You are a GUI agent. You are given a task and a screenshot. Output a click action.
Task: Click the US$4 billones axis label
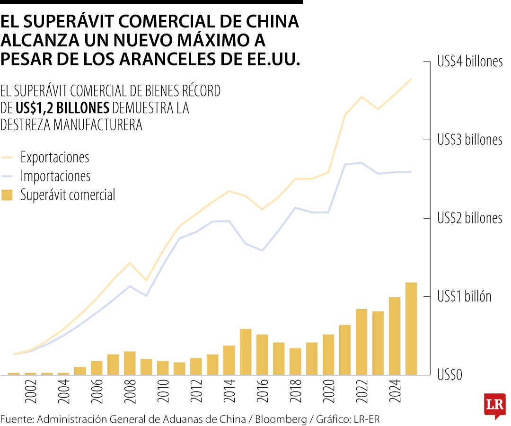click(470, 62)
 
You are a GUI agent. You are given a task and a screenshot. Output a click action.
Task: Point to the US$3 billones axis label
click(470, 140)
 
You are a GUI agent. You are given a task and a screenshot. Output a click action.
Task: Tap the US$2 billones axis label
click(470, 218)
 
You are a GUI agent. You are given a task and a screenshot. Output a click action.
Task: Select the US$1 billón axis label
click(464, 297)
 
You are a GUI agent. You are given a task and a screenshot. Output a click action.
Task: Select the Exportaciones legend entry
click(54, 157)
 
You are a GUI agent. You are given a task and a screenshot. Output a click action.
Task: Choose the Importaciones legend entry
click(55, 176)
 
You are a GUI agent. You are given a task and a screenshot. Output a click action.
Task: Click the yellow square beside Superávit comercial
click(7, 195)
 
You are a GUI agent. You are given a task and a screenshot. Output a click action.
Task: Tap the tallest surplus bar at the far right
click(411, 328)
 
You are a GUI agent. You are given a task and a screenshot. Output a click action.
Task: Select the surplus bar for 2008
click(130, 363)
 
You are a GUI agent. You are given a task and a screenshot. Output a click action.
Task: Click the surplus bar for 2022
click(361, 342)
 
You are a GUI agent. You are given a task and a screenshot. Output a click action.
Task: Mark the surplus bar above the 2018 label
click(295, 362)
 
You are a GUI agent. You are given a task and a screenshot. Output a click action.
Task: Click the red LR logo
click(494, 406)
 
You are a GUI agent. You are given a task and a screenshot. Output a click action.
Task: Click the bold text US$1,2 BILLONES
click(62, 108)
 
